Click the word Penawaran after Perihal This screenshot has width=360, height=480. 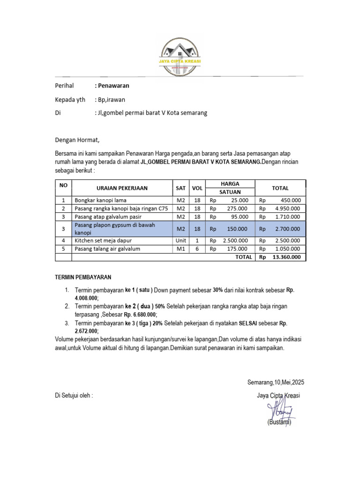(x=113, y=86)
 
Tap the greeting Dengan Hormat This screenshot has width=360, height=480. (x=77, y=140)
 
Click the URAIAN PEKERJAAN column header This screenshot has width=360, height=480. (x=122, y=188)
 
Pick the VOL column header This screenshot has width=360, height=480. (x=197, y=188)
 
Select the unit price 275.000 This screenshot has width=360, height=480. (x=236, y=208)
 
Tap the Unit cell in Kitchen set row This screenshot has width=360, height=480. (x=180, y=240)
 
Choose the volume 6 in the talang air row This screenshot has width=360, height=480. (x=197, y=249)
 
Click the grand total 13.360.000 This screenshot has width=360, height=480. (x=286, y=257)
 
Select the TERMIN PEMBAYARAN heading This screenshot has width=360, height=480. (x=83, y=277)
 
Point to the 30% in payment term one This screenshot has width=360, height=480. (x=217, y=290)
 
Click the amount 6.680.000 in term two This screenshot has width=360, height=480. (x=142, y=315)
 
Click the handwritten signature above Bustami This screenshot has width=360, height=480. (x=278, y=410)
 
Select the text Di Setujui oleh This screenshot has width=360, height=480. (x=74, y=395)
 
